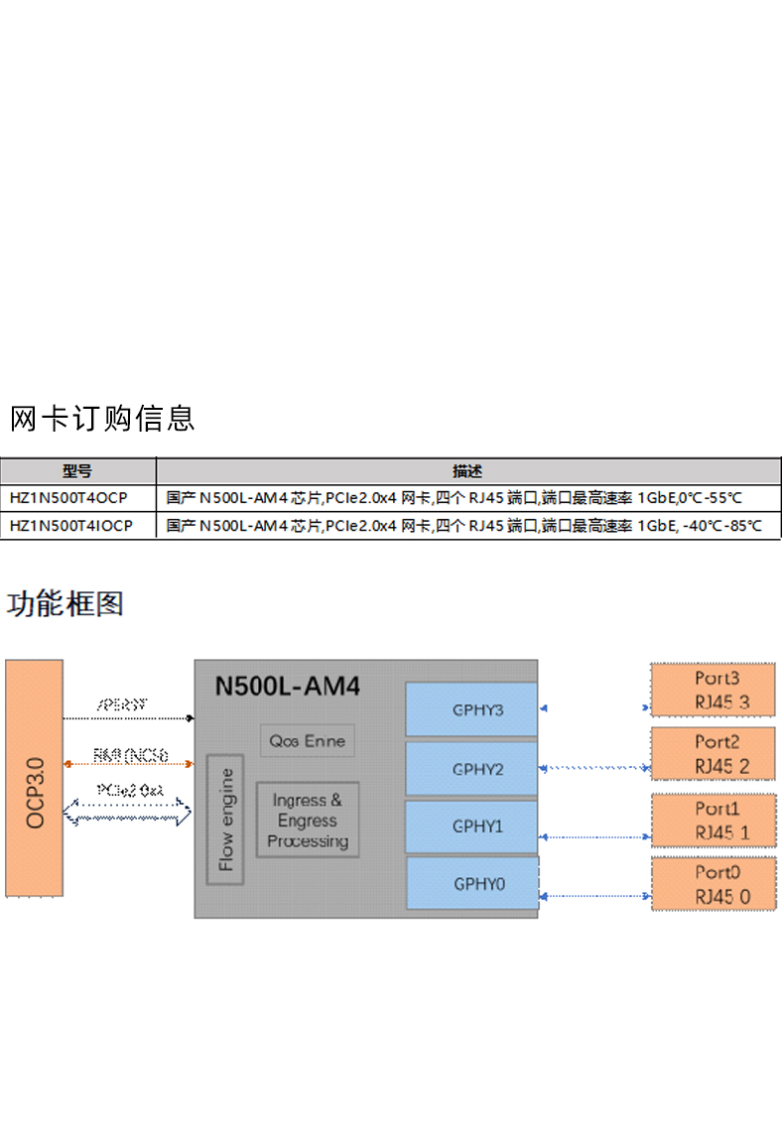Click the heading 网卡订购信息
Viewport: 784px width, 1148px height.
click(x=102, y=419)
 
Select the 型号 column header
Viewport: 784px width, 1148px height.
click(x=77, y=471)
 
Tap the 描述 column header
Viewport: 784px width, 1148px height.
click(x=467, y=471)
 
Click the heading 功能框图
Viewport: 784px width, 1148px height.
click(x=65, y=603)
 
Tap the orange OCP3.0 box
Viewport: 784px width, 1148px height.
click(x=35, y=778)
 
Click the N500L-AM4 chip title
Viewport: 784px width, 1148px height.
click(x=288, y=686)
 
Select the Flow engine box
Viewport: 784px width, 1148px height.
click(x=225, y=819)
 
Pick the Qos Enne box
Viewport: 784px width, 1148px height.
click(x=308, y=740)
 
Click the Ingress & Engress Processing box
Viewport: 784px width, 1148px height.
click(x=308, y=821)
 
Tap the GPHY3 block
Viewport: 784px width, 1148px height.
click(x=472, y=709)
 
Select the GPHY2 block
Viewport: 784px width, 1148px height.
click(x=472, y=769)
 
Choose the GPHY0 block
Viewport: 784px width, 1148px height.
click(x=472, y=883)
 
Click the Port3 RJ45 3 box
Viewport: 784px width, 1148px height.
click(x=712, y=691)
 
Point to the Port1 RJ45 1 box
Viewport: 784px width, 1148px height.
click(x=712, y=821)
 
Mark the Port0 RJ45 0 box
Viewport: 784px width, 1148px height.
click(x=712, y=884)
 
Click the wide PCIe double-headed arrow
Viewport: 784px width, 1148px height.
click(x=128, y=814)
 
